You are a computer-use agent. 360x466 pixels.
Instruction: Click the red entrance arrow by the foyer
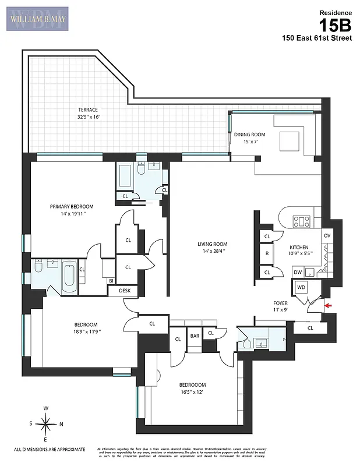[x=329, y=305]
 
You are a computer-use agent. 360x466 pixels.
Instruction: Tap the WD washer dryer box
[x=302, y=287]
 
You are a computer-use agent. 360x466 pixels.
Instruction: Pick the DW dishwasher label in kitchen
[x=298, y=271]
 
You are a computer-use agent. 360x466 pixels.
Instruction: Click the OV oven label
[x=327, y=235]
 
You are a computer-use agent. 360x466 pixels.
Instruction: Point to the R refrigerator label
[x=267, y=254]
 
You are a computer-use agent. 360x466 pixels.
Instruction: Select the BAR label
[x=195, y=336]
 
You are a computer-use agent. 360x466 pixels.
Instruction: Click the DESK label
[x=125, y=290]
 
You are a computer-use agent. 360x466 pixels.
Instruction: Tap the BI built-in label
[x=111, y=281]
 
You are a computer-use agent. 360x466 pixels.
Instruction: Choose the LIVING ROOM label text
[x=211, y=244]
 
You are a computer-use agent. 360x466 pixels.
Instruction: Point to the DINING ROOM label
[x=249, y=135]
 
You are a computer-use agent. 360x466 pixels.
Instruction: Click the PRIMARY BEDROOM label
[x=72, y=206]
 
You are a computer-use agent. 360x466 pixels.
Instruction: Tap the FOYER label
[x=280, y=303]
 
